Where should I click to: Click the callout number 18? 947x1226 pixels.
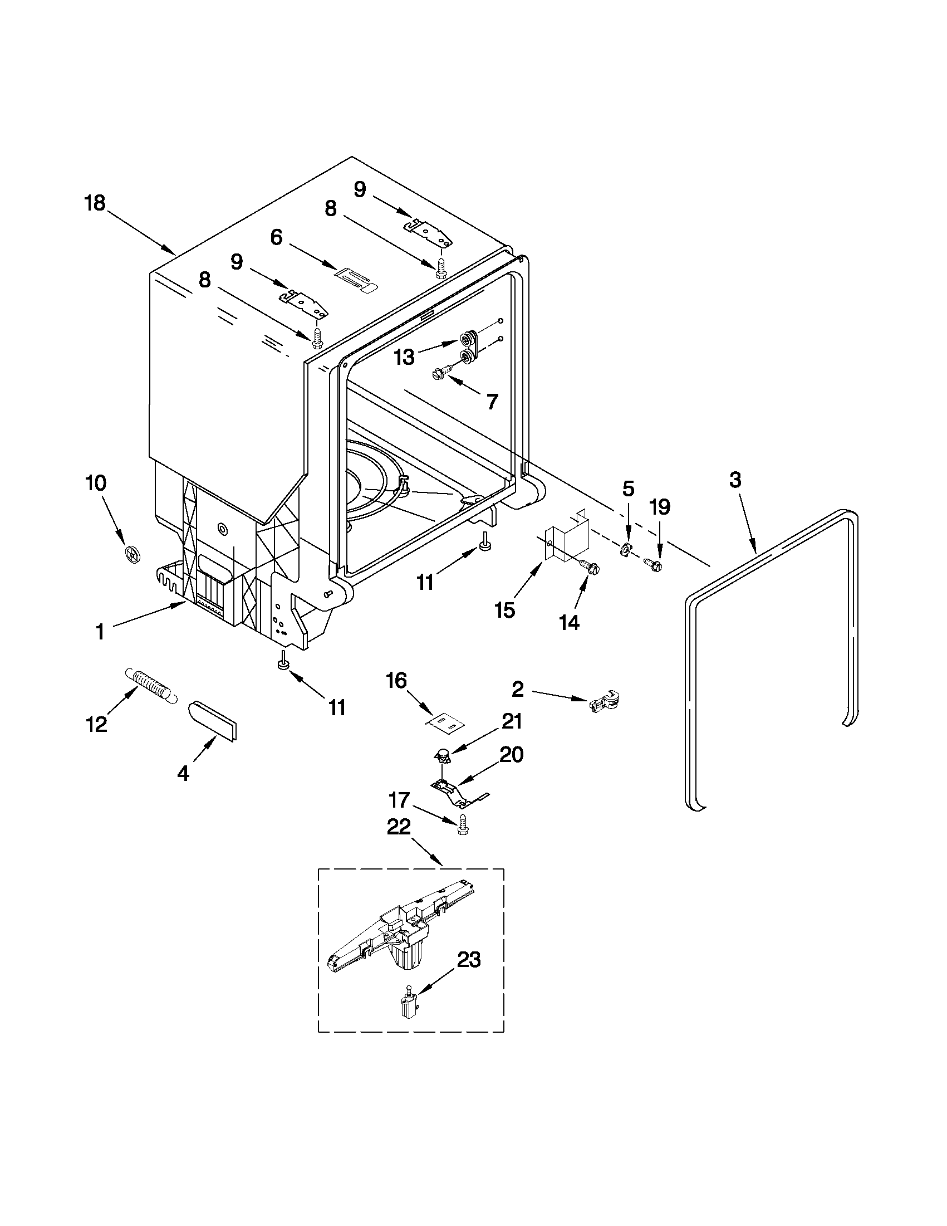[95, 203]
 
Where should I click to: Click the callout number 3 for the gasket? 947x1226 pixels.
[735, 480]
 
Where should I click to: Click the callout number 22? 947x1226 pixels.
[398, 827]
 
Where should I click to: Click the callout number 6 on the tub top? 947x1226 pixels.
[276, 237]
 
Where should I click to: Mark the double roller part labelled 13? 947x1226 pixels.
[468, 347]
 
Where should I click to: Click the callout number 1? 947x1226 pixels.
[100, 633]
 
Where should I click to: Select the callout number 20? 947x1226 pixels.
[511, 754]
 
